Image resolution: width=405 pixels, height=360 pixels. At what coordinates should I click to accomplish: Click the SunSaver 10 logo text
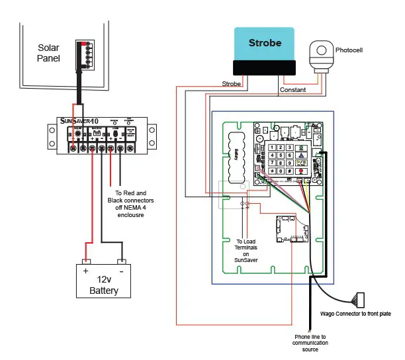tap(80, 122)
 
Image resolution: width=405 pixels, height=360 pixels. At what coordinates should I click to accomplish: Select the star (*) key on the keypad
tap(271, 171)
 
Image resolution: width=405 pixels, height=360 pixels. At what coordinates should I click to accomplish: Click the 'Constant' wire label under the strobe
tap(292, 89)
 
